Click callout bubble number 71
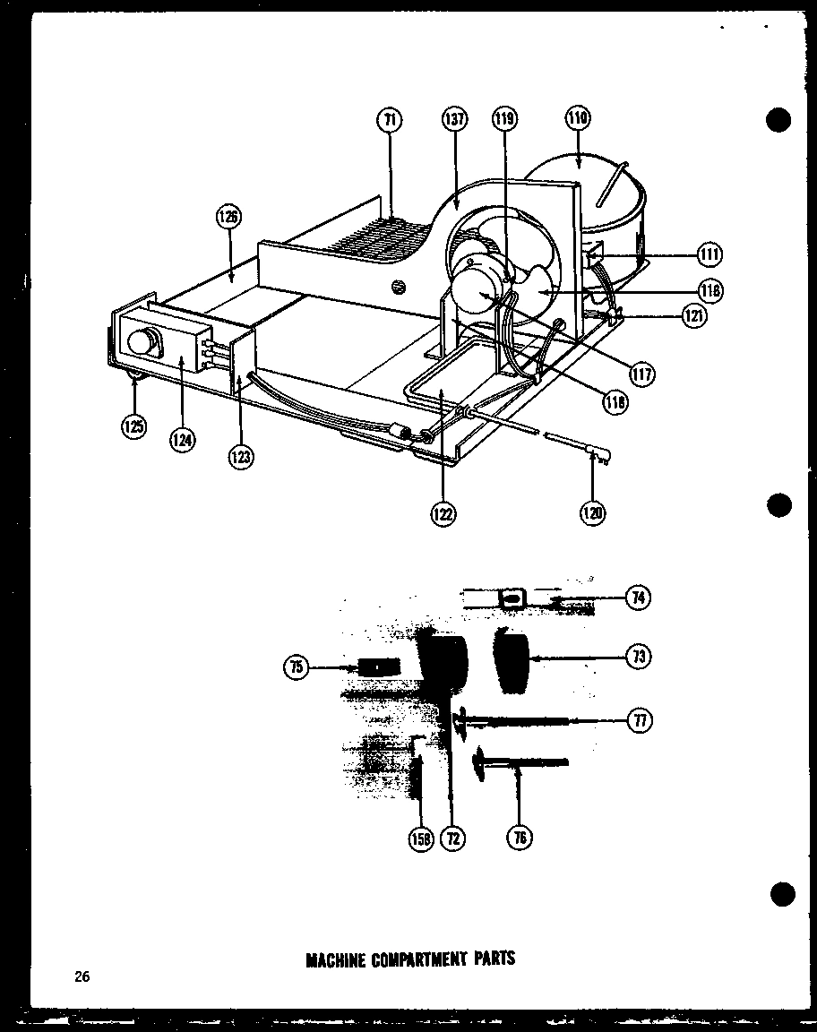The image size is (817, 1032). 391,120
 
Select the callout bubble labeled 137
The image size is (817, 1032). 454,120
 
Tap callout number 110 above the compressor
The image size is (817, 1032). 578,118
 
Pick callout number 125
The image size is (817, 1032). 134,427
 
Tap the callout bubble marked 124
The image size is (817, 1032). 183,440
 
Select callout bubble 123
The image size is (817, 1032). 241,456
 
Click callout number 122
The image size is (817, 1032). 442,514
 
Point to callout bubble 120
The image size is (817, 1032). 592,512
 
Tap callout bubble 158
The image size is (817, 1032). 420,838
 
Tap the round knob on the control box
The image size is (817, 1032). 142,342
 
